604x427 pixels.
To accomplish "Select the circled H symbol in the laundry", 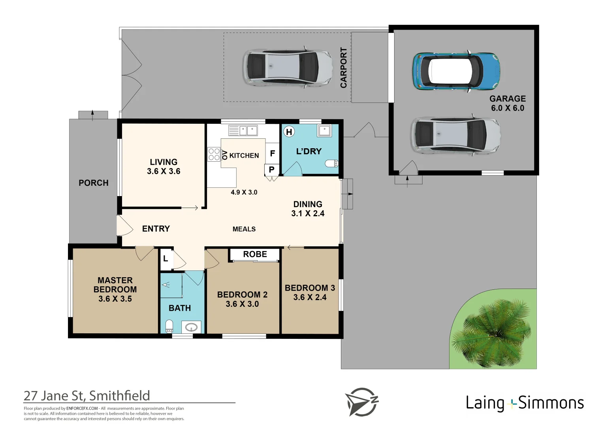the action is click(x=289, y=132).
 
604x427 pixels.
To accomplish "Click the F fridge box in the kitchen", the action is click(x=272, y=153).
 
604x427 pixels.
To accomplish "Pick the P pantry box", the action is click(x=272, y=170).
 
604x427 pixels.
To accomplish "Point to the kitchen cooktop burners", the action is click(x=214, y=155).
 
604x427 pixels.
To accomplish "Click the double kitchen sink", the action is click(x=243, y=130).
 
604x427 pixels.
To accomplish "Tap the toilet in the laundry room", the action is click(x=331, y=163).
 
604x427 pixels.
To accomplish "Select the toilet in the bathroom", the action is click(x=169, y=326).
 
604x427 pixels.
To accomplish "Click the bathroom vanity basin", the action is click(x=191, y=327).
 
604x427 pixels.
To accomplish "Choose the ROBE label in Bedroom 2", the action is click(x=255, y=254).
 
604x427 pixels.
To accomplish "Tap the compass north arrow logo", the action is click(x=362, y=402).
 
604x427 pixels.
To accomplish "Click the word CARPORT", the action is click(x=344, y=68).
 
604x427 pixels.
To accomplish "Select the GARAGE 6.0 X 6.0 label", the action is click(x=508, y=103).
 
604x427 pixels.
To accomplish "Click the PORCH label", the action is click(x=94, y=183).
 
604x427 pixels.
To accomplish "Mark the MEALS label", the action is click(x=244, y=229).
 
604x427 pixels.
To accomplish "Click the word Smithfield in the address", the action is click(x=119, y=396).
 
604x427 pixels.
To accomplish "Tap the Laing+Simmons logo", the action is click(x=525, y=403).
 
